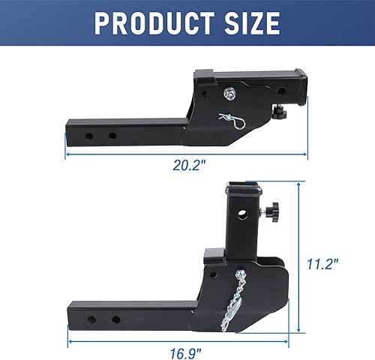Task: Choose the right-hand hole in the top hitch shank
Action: pos(112,136)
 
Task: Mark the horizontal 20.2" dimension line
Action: pos(187,154)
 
